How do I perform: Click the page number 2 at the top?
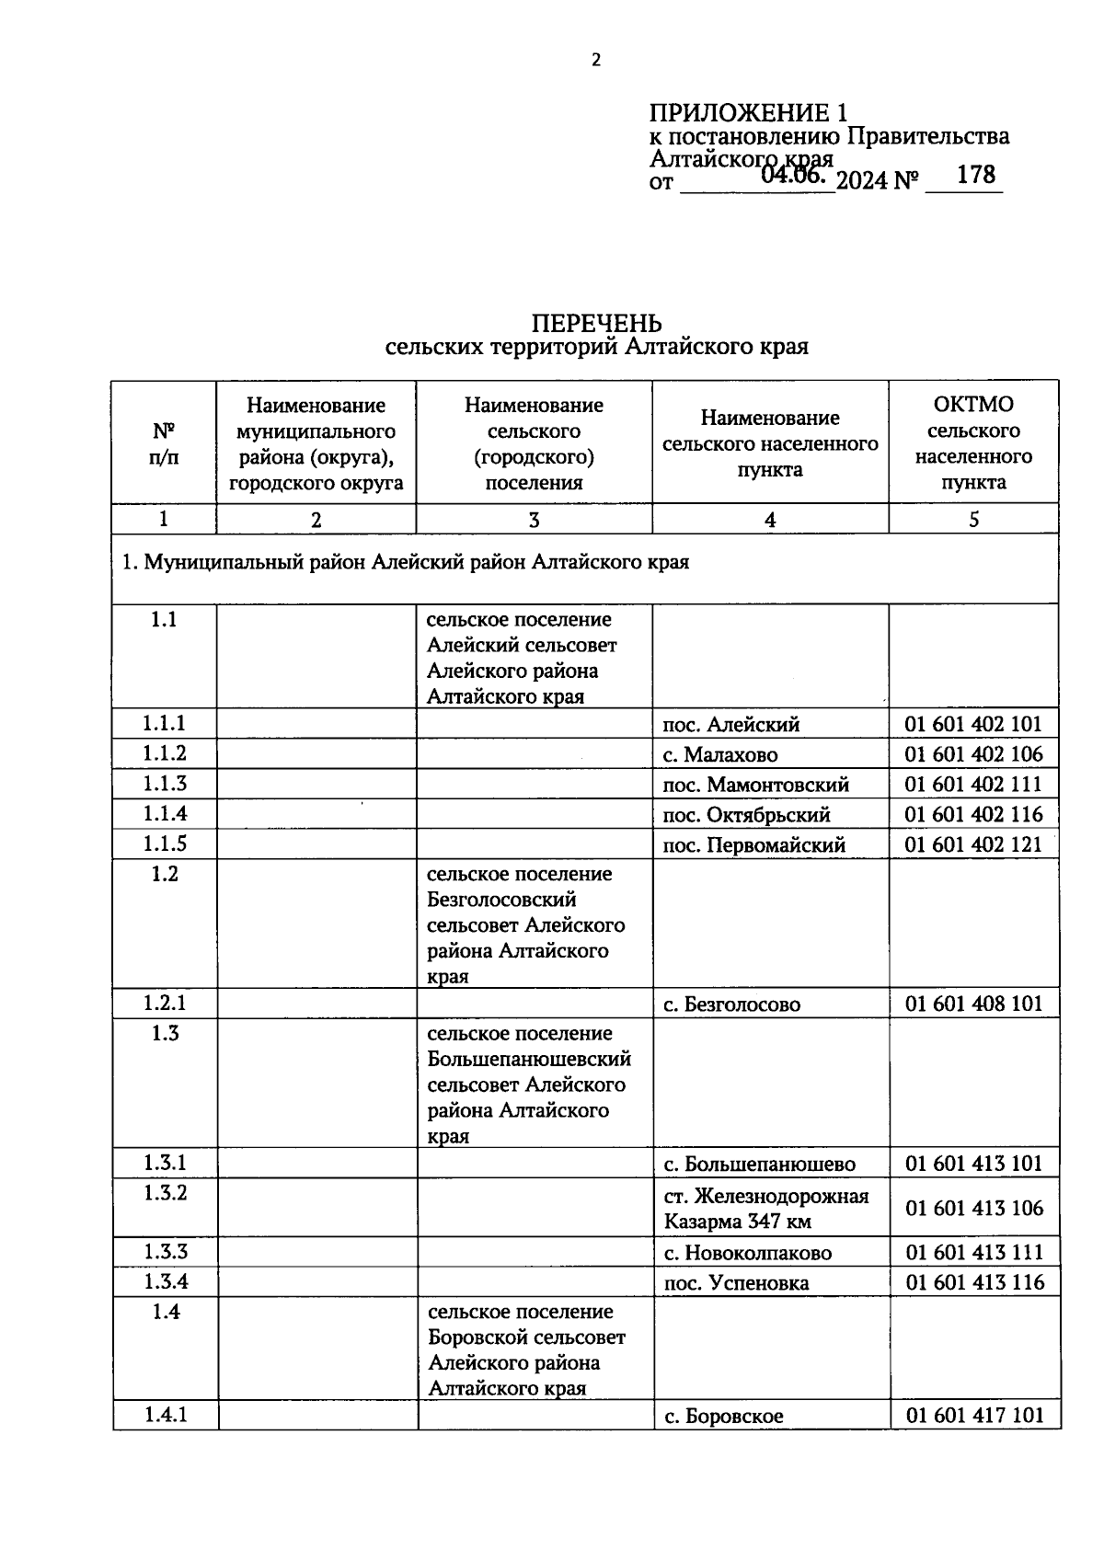[x=595, y=61]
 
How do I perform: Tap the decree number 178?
[x=975, y=175]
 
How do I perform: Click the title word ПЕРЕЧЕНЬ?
[x=596, y=323]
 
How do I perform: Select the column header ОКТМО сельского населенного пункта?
[x=973, y=442]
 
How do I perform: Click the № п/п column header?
[x=164, y=443]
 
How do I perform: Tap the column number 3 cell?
[x=534, y=520]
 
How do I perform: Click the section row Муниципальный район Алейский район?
[x=406, y=562]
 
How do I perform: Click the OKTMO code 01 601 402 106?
[x=973, y=754]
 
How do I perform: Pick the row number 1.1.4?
[x=165, y=813]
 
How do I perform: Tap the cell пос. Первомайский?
[x=753, y=844]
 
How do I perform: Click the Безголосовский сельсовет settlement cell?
[x=525, y=924]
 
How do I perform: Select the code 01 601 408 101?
[x=973, y=1004]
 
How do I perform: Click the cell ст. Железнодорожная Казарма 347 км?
[x=765, y=1209]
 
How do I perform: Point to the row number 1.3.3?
[x=165, y=1251]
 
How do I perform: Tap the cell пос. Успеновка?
[x=736, y=1282]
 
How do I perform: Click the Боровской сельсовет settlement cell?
[x=526, y=1349]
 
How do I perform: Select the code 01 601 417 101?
[x=974, y=1415]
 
